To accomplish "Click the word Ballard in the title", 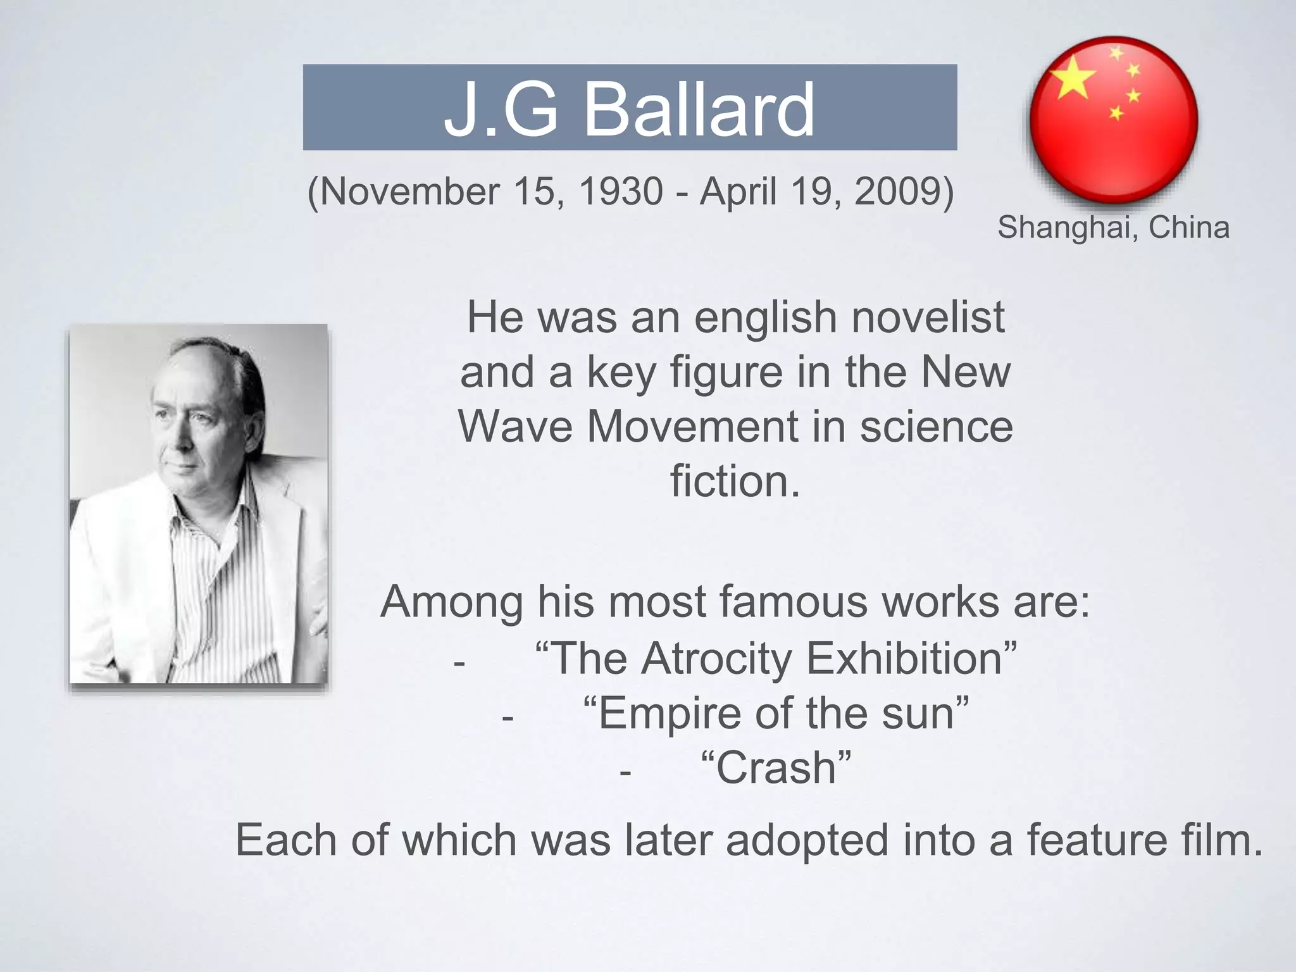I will pyautogui.click(x=699, y=110).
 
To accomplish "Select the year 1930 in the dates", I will pyautogui.click(x=620, y=191).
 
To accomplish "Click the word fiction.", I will pyautogui.click(x=735, y=482).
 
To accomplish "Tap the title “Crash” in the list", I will pyautogui.click(x=776, y=768).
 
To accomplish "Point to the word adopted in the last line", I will pyautogui.click(x=807, y=840).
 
